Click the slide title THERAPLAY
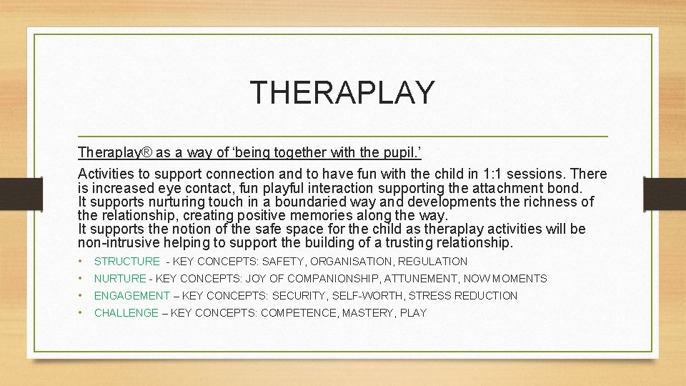tap(342, 92)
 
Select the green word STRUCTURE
tap(127, 262)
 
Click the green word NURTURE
tap(120, 279)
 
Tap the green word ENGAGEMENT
tap(132, 296)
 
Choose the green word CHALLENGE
tap(126, 313)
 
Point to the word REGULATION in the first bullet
tap(432, 262)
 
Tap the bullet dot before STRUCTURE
tap(82, 262)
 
